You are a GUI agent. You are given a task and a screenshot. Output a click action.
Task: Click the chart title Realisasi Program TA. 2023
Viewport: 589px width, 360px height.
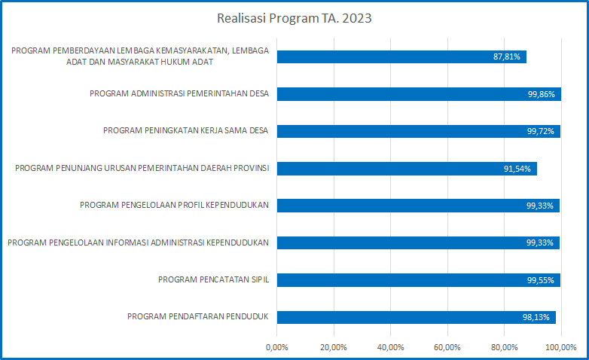click(x=294, y=19)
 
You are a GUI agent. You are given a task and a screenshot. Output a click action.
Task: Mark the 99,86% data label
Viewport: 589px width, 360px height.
click(x=542, y=94)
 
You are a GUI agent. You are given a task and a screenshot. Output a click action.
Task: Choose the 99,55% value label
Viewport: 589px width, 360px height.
click(x=542, y=279)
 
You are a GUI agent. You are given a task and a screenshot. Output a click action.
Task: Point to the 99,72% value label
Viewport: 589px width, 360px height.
click(x=542, y=131)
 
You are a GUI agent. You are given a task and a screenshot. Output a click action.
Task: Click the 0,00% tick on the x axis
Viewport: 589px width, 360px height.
click(x=277, y=347)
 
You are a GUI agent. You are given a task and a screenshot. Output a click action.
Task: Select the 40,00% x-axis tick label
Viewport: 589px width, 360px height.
click(x=390, y=347)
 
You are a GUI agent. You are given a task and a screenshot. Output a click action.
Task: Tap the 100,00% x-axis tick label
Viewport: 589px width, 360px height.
click(x=560, y=347)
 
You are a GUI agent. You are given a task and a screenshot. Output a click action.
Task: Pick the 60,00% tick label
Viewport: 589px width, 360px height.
click(x=447, y=347)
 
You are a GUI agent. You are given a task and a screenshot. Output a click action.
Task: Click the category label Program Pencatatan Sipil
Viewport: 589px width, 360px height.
click(x=214, y=279)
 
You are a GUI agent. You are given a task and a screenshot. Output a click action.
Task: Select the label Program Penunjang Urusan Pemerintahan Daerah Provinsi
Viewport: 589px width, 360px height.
click(x=142, y=168)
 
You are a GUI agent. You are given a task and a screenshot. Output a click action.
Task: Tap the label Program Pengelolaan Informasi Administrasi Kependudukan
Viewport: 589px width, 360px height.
click(x=139, y=243)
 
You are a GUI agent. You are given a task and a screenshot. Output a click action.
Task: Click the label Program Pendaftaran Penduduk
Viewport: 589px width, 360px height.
click(x=199, y=316)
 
